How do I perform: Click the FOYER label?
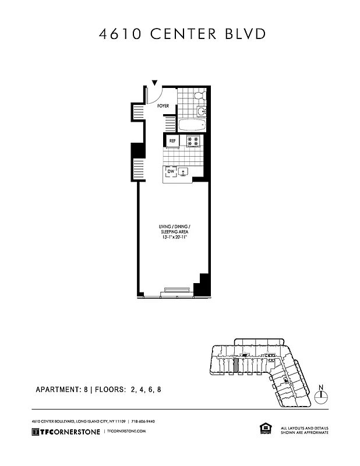click(163, 106)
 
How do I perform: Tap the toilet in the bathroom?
click(198, 96)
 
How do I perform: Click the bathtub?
click(191, 125)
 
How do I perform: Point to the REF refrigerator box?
click(172, 141)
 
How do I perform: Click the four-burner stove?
click(193, 141)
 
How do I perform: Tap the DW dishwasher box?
click(171, 172)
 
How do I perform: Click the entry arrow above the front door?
click(154, 83)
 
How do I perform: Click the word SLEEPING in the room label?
click(168, 232)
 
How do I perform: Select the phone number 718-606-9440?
click(143, 421)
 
